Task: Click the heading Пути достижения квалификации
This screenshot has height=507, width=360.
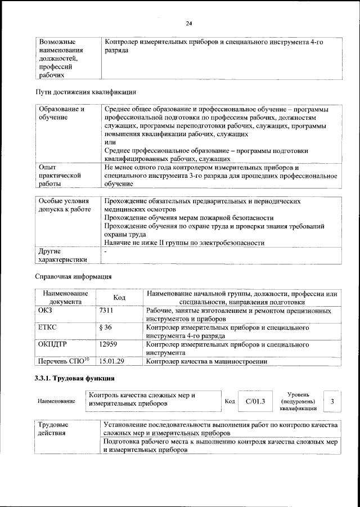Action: tap(85, 92)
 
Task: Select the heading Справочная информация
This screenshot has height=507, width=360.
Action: tap(73, 276)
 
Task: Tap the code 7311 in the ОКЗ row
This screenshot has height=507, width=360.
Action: tap(106, 311)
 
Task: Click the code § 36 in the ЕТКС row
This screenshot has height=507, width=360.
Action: tap(105, 327)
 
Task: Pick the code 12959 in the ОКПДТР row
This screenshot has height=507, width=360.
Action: tap(109, 344)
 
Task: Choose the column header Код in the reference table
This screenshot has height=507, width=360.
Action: tap(119, 298)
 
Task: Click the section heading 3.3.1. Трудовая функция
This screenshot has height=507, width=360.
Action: tap(74, 378)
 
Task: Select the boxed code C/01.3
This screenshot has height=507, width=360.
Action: tap(255, 401)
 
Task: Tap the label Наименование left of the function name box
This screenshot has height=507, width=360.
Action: tap(56, 401)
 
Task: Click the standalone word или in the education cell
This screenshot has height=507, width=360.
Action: tap(110, 143)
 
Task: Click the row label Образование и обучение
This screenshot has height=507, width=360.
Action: tap(61, 113)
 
